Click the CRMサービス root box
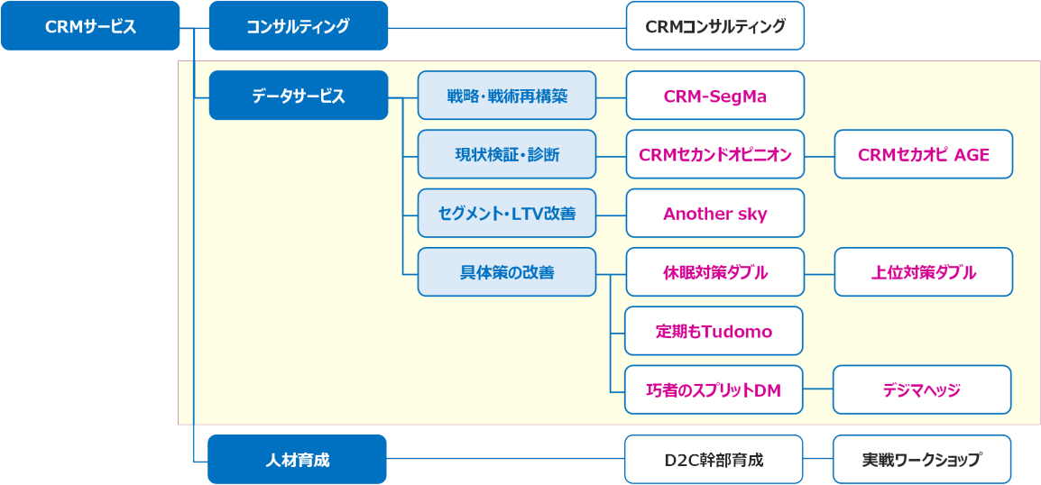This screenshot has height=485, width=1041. pyautogui.click(x=90, y=26)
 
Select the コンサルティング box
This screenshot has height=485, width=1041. pyautogui.click(x=299, y=26)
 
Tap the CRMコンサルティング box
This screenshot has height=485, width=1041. pyautogui.click(x=714, y=26)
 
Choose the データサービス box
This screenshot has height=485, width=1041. pyautogui.click(x=299, y=96)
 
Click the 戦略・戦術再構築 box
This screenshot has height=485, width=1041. pyautogui.click(x=507, y=96)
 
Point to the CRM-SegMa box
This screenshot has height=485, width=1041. pyautogui.click(x=714, y=96)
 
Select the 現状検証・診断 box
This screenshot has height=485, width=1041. pyautogui.click(x=507, y=154)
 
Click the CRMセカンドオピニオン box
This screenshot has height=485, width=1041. pyautogui.click(x=714, y=154)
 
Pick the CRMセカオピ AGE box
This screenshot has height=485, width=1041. pyautogui.click(x=923, y=154)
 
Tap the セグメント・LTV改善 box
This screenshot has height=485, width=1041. pyautogui.click(x=507, y=214)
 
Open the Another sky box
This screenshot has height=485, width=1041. pyautogui.click(x=714, y=214)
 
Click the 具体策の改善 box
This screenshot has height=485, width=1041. pyautogui.click(x=507, y=272)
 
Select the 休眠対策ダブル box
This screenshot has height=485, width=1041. pyautogui.click(x=714, y=272)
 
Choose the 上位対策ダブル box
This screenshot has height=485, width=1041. pyautogui.click(x=923, y=272)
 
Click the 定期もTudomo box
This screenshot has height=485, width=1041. pyautogui.click(x=714, y=331)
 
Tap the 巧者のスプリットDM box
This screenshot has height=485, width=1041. pyautogui.click(x=714, y=389)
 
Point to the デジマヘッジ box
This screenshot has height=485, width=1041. pyautogui.click(x=921, y=389)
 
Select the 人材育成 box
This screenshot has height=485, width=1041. pyautogui.click(x=298, y=460)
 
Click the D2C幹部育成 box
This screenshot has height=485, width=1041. pyautogui.click(x=713, y=460)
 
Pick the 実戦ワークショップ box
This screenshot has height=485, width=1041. pyautogui.click(x=921, y=460)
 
